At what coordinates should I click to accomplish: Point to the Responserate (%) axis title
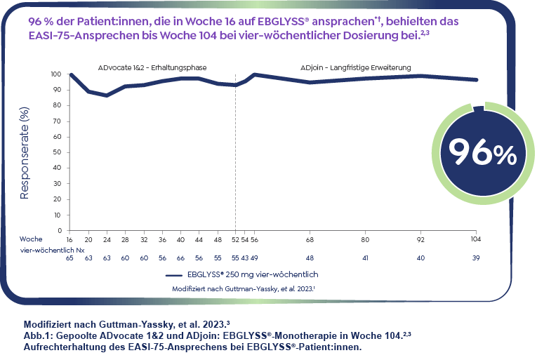pyautogui.click(x=25, y=153)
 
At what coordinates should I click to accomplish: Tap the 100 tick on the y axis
pyautogui.click(x=57, y=74)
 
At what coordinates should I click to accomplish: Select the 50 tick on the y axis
pyautogui.click(x=58, y=152)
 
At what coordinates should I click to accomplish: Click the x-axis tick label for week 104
pyautogui.click(x=477, y=239)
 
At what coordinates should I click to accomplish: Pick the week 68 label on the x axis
pyautogui.click(x=310, y=239)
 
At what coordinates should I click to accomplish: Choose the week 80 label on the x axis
pyautogui.click(x=365, y=239)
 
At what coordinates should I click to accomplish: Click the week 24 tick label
pyautogui.click(x=107, y=239)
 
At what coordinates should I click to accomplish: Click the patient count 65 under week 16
pyautogui.click(x=69, y=258)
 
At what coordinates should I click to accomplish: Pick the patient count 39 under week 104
pyautogui.click(x=477, y=258)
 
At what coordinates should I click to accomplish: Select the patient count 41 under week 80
pyautogui.click(x=365, y=258)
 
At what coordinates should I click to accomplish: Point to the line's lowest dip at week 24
pyautogui.click(x=107, y=95)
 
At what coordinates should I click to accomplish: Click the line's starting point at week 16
pyautogui.click(x=70, y=74)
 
